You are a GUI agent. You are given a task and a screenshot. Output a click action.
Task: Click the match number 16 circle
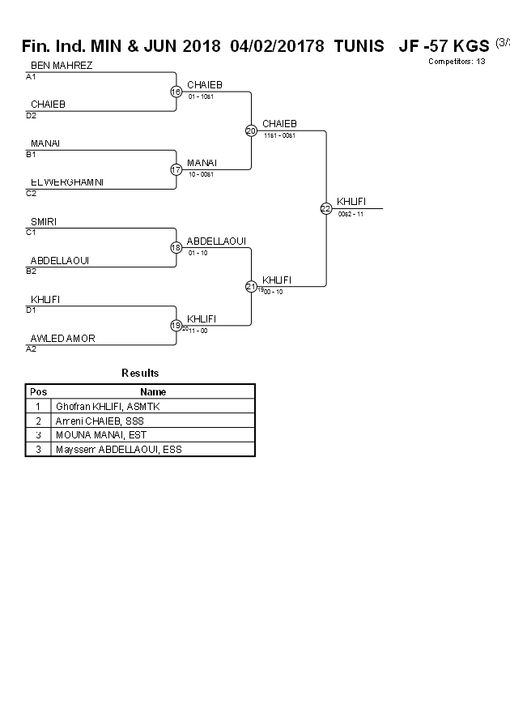pos(176,92)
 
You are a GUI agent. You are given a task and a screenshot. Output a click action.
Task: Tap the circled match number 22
pos(325,208)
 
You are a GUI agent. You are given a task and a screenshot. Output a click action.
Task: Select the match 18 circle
pos(176,247)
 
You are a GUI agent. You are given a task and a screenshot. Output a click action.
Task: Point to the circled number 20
pos(251,130)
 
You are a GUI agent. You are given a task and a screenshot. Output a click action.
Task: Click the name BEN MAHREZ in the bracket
pos(62,66)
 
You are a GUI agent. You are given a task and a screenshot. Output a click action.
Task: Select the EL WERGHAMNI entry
pos(67,182)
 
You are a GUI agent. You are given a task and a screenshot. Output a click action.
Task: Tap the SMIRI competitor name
pos(44,221)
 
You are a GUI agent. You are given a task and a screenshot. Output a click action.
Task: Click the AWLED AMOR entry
pos(63,338)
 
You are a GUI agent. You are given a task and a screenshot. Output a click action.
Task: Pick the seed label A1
pos(32,77)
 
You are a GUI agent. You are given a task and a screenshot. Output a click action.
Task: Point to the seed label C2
pos(32,194)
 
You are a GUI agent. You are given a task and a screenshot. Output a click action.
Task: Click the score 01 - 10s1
pos(201,96)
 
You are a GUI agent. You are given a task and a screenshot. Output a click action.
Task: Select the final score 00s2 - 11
pos(351,214)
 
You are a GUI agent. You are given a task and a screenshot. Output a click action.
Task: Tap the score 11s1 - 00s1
pos(279,135)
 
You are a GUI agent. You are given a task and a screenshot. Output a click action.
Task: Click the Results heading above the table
pos(140,373)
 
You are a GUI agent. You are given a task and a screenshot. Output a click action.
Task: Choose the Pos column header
pos(38,391)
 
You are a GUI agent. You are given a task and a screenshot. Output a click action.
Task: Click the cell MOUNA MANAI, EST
pos(101,435)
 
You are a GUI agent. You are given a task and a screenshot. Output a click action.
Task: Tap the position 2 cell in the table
pos(38,421)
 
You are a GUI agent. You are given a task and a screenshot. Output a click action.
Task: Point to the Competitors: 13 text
pos(457,61)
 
